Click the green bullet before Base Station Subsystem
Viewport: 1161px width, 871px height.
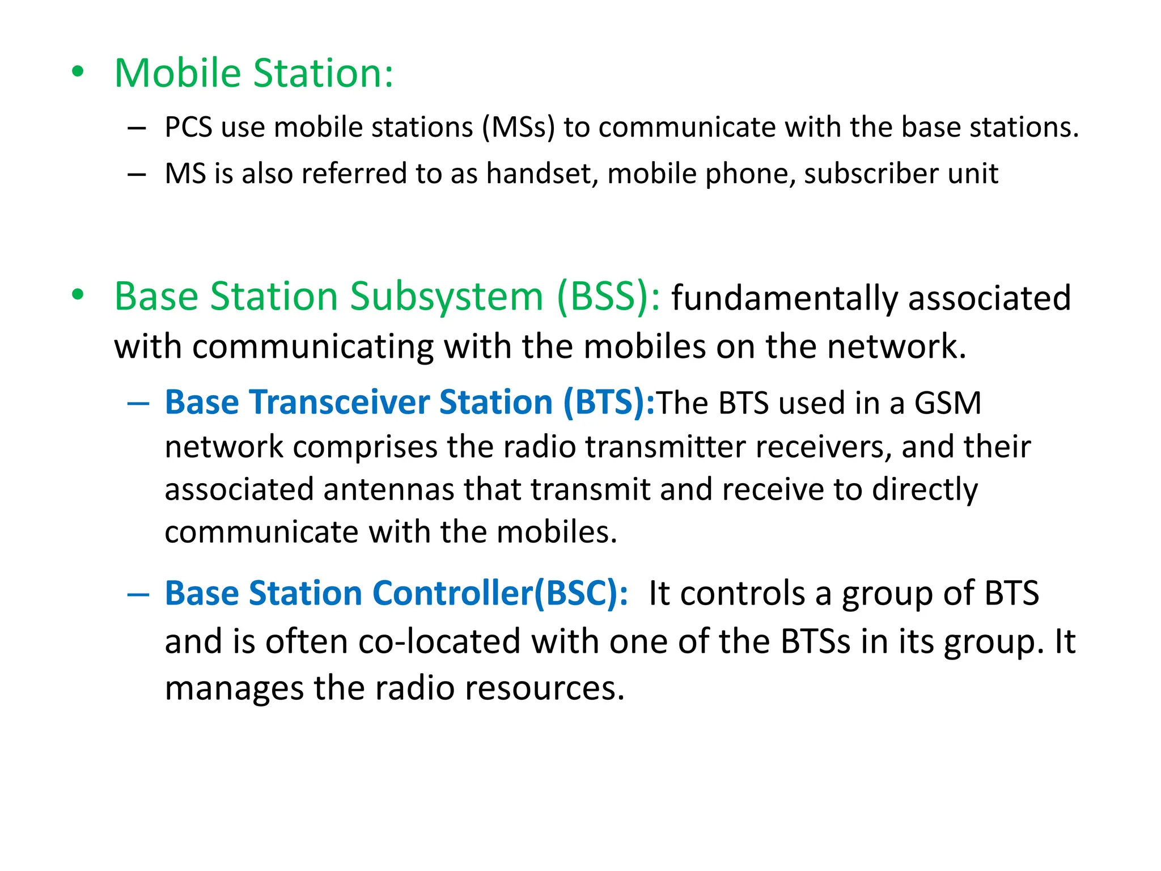78,295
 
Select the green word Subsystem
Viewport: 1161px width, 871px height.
446,297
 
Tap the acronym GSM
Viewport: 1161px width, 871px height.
947,403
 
